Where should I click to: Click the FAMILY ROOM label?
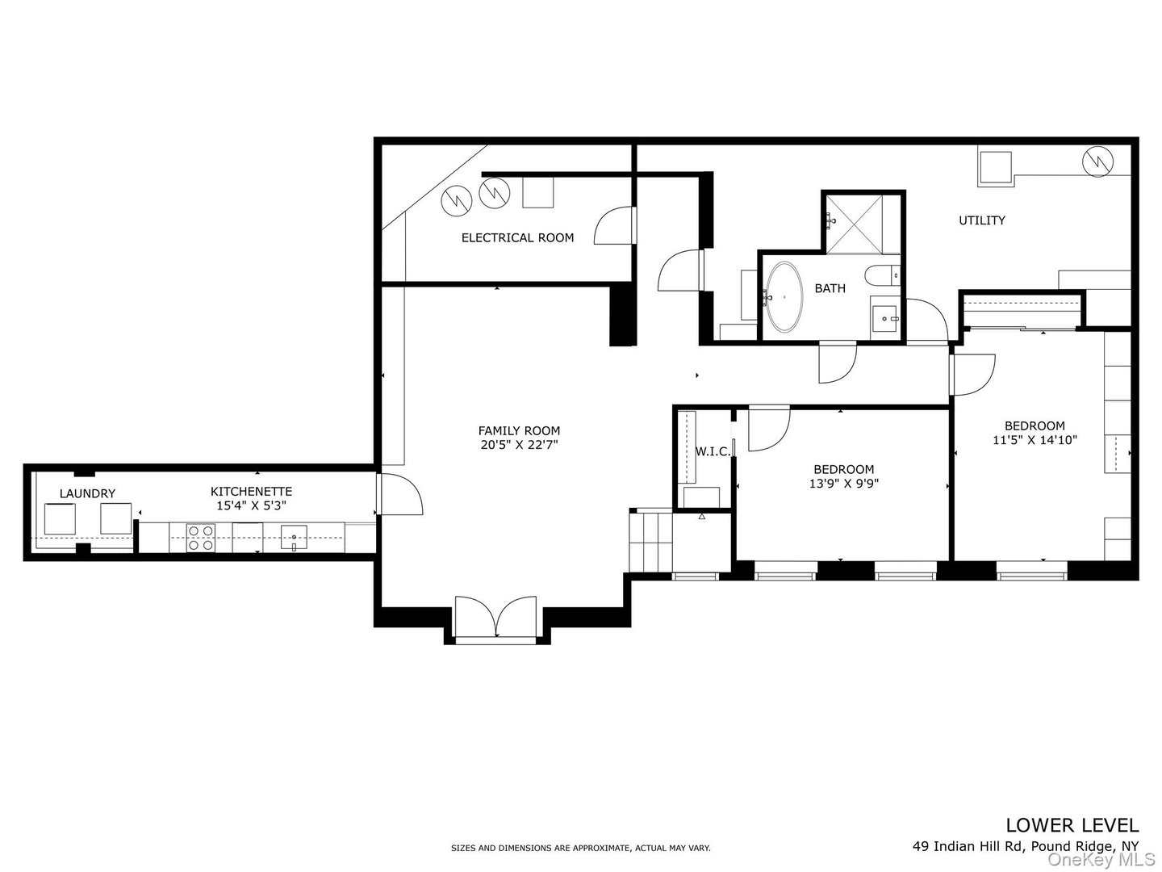click(519, 430)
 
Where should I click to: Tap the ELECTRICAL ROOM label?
click(517, 237)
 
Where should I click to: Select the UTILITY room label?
click(981, 220)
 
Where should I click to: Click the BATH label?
click(830, 288)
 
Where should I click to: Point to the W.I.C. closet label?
click(713, 451)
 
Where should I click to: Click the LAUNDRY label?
click(87, 493)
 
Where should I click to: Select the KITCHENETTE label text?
click(251, 491)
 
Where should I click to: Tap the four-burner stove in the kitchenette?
click(200, 538)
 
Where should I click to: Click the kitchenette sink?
click(294, 537)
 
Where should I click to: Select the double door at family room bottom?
click(496, 618)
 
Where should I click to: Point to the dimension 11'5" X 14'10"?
click(1035, 440)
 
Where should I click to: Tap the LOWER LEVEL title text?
click(1072, 824)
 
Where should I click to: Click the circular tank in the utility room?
click(1097, 161)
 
